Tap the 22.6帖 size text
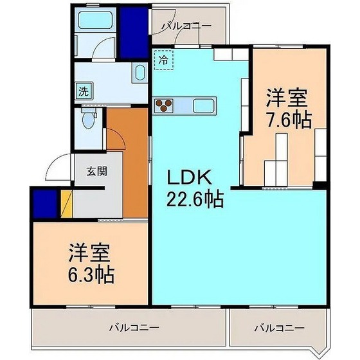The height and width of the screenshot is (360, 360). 196,199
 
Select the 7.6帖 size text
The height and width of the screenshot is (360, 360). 289,120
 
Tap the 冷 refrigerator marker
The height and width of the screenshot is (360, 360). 163,59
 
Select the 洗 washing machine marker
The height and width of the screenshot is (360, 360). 83,91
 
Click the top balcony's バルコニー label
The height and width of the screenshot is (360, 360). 186,26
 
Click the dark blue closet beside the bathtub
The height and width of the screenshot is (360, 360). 134,31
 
